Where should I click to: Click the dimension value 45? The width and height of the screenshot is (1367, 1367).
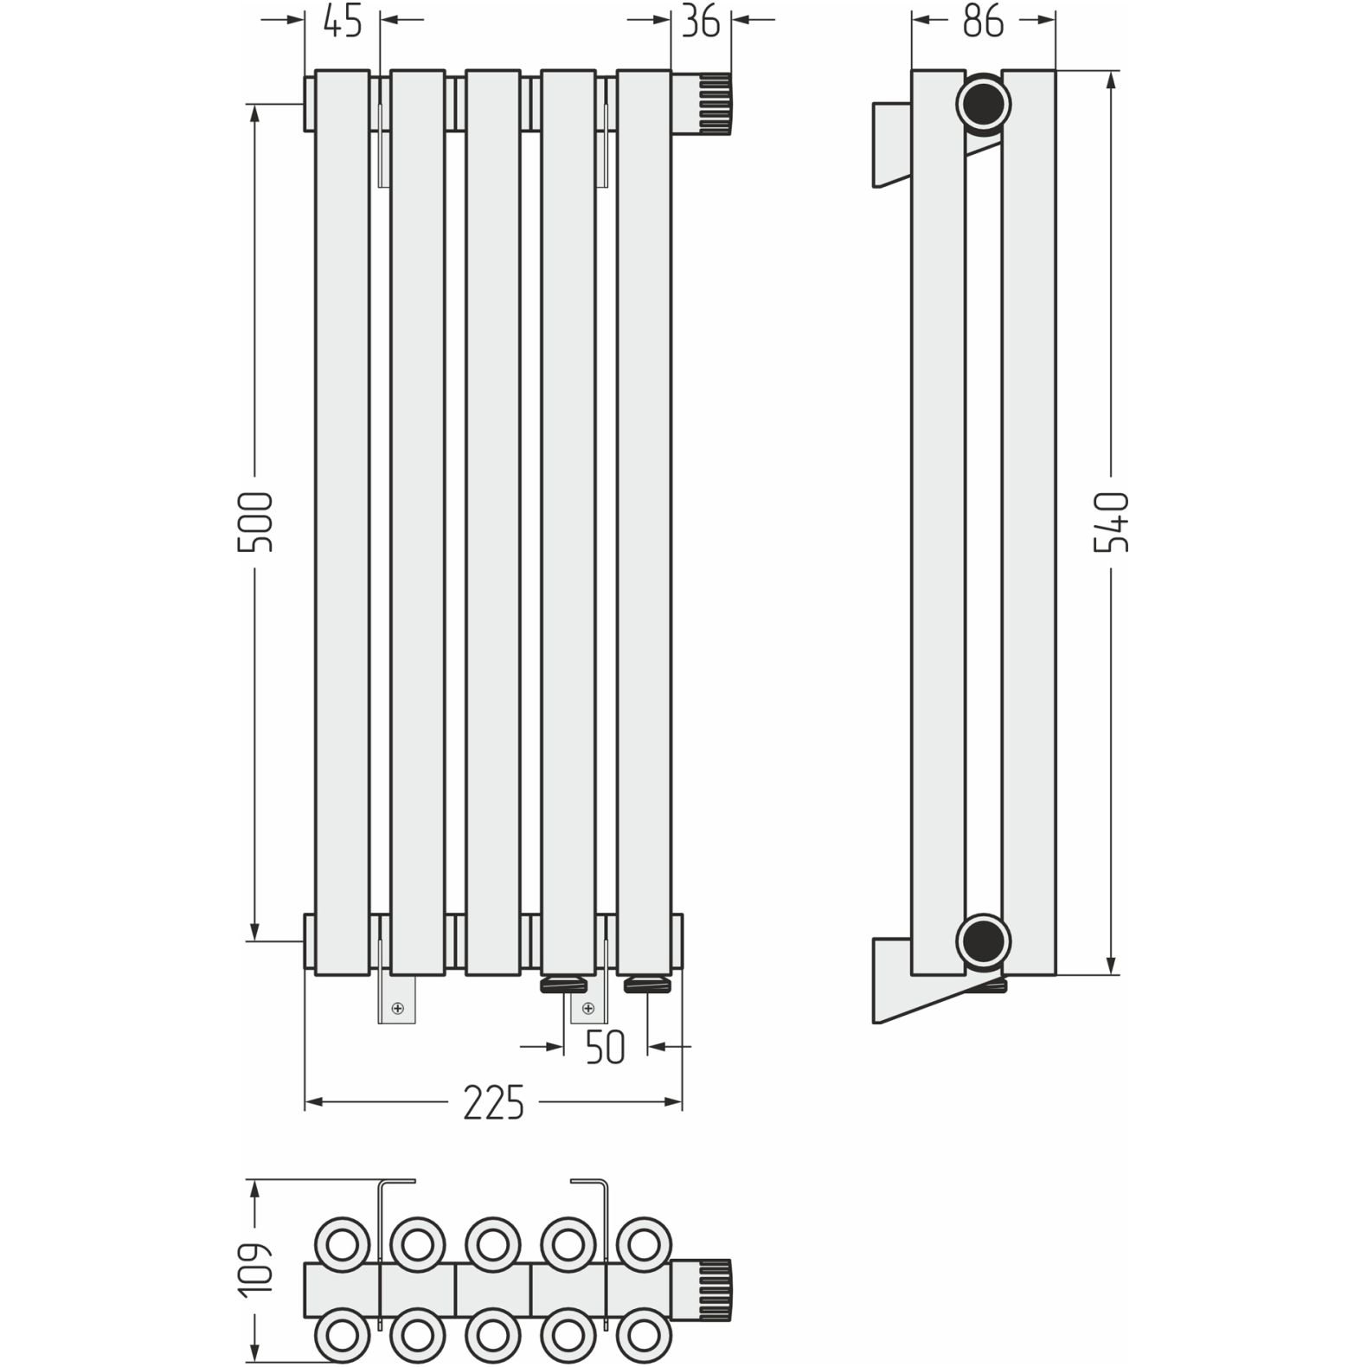click(343, 21)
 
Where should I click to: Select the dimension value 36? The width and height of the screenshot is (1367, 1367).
click(701, 21)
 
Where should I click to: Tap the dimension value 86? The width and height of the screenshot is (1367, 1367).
click(984, 21)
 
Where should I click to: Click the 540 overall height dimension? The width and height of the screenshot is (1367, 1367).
click(1112, 522)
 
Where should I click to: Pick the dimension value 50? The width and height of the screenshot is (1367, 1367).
click(605, 1048)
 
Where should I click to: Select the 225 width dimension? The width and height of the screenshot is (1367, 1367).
click(493, 1102)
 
